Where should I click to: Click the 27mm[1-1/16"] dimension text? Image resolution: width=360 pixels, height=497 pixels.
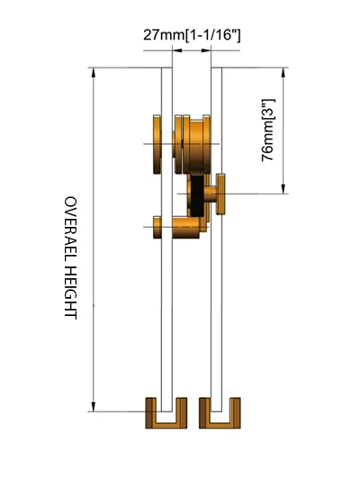click(x=192, y=35)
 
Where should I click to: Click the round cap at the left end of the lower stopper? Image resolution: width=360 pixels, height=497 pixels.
click(x=158, y=227)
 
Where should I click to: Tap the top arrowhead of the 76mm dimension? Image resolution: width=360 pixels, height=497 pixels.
click(x=285, y=72)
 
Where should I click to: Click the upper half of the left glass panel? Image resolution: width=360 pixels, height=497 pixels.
click(x=166, y=99)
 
